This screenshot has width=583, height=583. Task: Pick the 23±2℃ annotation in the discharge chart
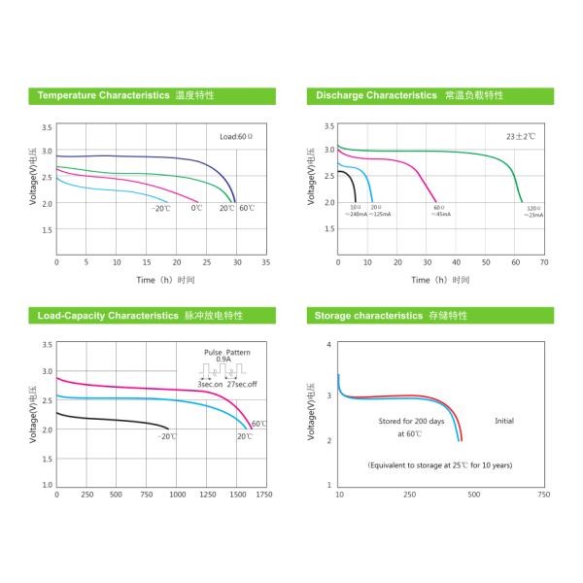[520, 136]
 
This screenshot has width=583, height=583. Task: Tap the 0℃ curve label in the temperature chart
[196, 208]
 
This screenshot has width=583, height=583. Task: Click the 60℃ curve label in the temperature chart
[247, 208]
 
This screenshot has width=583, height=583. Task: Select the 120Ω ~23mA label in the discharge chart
[533, 211]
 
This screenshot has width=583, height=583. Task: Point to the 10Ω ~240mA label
[356, 211]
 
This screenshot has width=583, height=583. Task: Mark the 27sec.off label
[243, 386]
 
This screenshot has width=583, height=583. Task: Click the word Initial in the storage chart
[504, 421]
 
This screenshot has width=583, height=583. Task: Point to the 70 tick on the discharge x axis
[543, 262]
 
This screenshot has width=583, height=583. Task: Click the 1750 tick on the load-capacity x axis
[263, 496]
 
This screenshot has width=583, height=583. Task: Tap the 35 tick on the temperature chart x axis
[266, 262]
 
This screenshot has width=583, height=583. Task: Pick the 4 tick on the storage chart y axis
[329, 345]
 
